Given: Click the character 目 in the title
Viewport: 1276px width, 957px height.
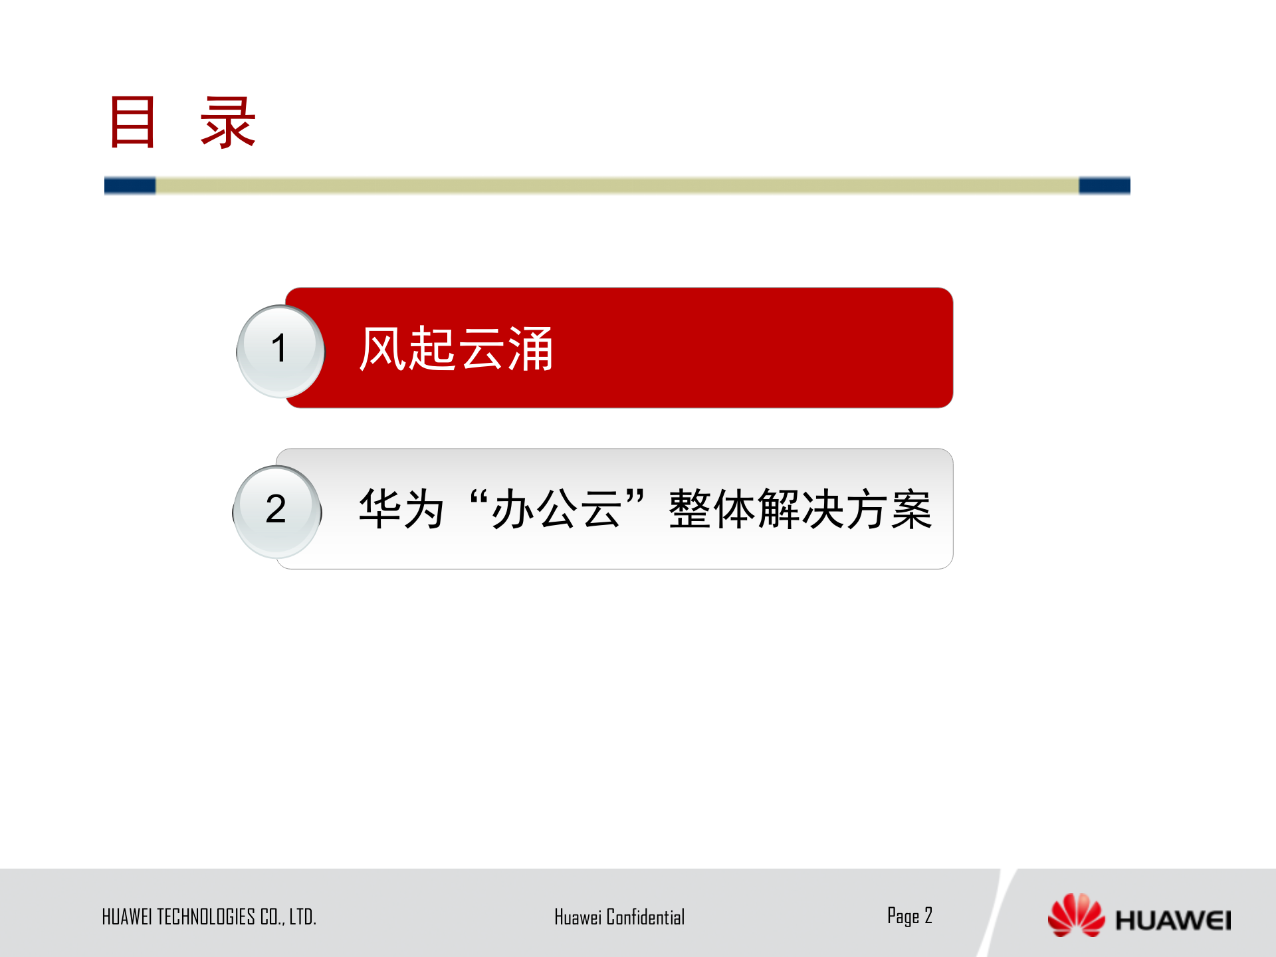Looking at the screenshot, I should coord(133,122).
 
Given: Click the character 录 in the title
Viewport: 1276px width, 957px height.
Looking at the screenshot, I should coord(228,122).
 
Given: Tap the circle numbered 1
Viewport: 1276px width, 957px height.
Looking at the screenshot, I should coord(280,350).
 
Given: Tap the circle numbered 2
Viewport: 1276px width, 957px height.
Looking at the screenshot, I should coord(276,510).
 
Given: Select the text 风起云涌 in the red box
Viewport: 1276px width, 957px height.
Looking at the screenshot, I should coord(456,349).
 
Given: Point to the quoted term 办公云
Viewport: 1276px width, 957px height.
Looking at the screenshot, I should coord(557,509).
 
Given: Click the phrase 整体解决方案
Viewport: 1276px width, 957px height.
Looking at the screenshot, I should coord(800,509).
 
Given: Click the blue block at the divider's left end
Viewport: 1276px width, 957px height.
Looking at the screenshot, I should coord(130,185).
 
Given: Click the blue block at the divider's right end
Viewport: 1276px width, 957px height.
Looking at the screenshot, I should coord(1104,185).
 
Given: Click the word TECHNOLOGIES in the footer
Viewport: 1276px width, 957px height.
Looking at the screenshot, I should coord(206,917).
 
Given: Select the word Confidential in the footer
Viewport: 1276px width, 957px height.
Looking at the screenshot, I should coord(645,917).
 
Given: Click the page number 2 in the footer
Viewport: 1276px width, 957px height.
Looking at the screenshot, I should coord(928,916).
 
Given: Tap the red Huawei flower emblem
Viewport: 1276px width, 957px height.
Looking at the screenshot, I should coord(1075,915).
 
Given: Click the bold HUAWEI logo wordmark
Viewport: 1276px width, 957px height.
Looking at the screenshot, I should coord(1173,920).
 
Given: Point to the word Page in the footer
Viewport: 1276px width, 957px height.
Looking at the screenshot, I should coord(903,916).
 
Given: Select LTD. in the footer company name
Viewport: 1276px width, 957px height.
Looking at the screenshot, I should coord(302,917).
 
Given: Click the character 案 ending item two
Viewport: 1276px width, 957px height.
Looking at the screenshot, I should coord(911,509).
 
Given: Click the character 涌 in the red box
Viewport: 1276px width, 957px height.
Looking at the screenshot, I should coord(530,349).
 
